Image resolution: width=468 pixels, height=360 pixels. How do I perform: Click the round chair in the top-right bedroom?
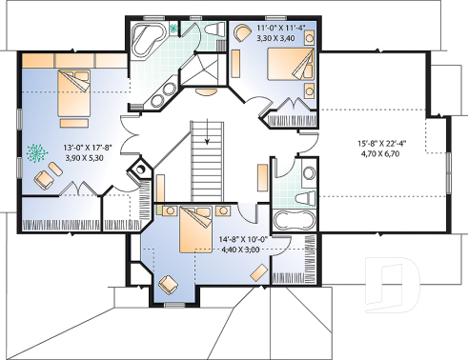[x=242, y=32]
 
